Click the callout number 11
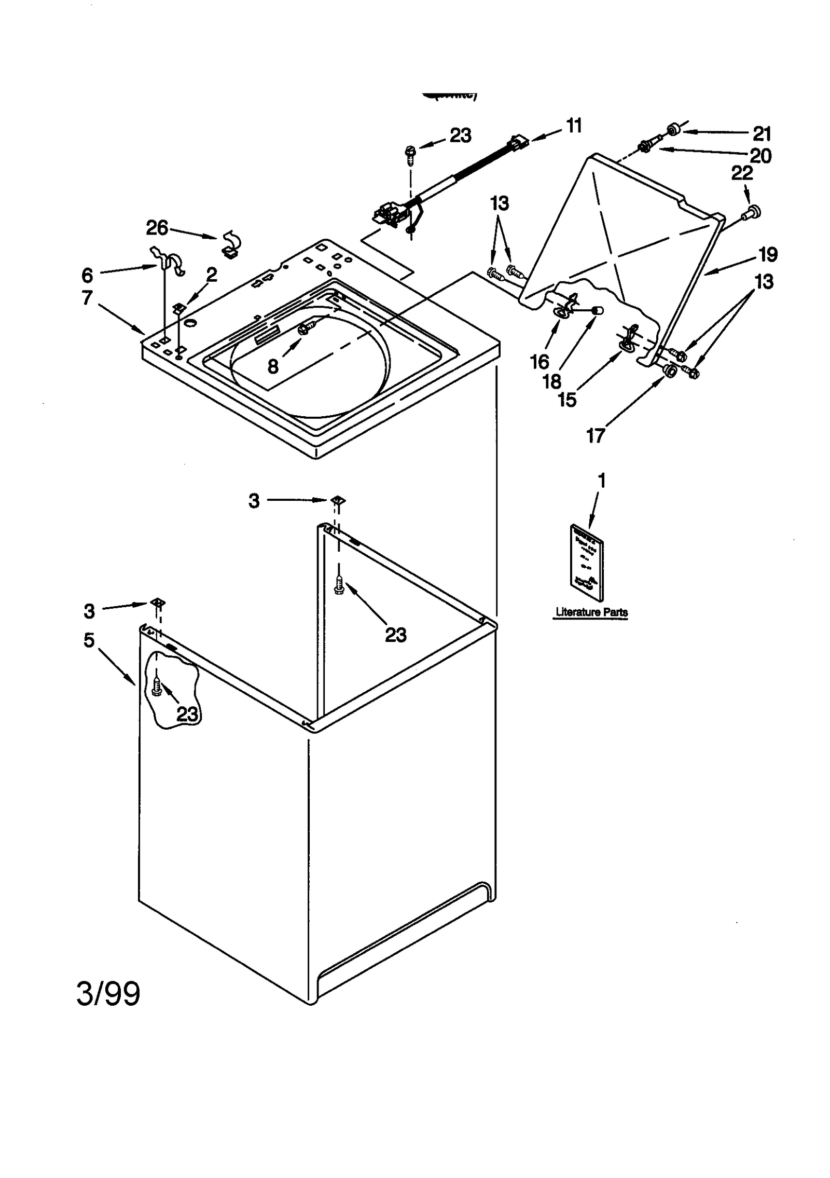click(x=573, y=126)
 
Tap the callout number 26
click(x=157, y=227)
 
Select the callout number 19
click(x=768, y=254)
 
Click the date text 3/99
click(x=108, y=994)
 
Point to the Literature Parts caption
click(x=591, y=612)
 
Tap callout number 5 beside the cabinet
click(x=89, y=640)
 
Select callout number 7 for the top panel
click(x=87, y=297)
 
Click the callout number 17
click(x=596, y=435)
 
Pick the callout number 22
click(x=742, y=173)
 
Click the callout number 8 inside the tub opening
click(x=273, y=367)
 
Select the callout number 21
click(x=762, y=134)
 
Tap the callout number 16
click(x=539, y=362)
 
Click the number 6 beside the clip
click(x=87, y=275)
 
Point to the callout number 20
click(x=760, y=156)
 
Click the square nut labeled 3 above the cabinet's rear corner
click(x=337, y=500)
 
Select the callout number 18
click(x=552, y=381)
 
